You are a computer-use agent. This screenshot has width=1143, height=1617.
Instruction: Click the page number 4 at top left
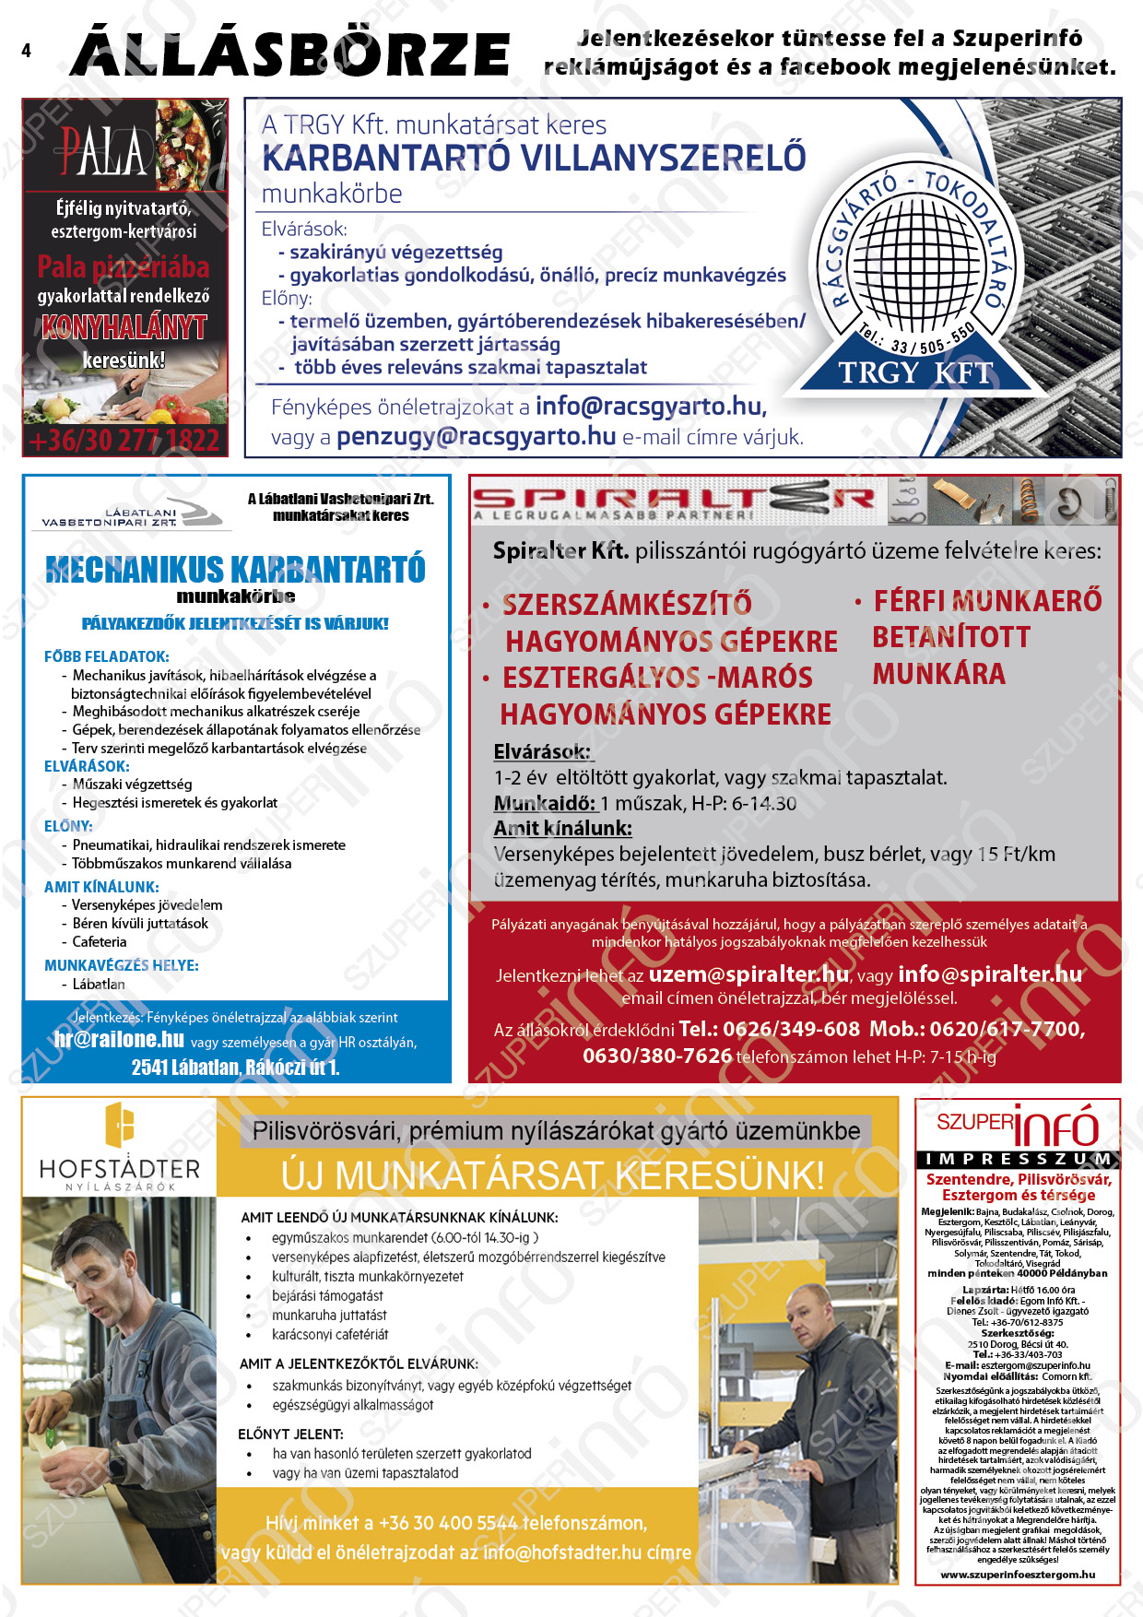click(x=26, y=51)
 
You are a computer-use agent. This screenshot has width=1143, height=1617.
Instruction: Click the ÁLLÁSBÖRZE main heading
click(x=290, y=53)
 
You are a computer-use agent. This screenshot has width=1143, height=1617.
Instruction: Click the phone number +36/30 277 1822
click(x=125, y=441)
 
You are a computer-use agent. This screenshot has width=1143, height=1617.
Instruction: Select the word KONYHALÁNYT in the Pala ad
click(x=124, y=327)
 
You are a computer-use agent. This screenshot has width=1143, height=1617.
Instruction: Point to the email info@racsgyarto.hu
click(x=650, y=407)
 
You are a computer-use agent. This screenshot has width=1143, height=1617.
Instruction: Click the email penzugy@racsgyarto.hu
click(x=476, y=436)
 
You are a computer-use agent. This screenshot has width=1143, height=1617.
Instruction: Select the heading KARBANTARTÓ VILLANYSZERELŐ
click(x=534, y=159)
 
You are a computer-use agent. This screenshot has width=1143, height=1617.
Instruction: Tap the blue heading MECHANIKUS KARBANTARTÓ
click(x=235, y=569)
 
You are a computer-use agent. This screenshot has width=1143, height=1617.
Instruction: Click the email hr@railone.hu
click(x=119, y=1040)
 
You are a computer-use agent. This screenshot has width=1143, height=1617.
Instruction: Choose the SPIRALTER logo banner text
click(x=673, y=501)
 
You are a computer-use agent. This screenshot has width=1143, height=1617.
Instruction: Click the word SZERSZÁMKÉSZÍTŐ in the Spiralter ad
click(x=627, y=604)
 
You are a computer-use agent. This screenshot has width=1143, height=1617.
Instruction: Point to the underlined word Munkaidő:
click(x=545, y=803)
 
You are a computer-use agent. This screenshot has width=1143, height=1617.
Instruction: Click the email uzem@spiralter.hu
click(x=748, y=974)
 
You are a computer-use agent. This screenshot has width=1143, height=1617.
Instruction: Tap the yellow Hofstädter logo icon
click(x=120, y=1126)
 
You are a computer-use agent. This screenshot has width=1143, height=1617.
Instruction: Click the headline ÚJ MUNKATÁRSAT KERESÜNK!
click(x=552, y=1175)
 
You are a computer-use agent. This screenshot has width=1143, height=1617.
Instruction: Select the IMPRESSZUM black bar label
click(x=1018, y=1159)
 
